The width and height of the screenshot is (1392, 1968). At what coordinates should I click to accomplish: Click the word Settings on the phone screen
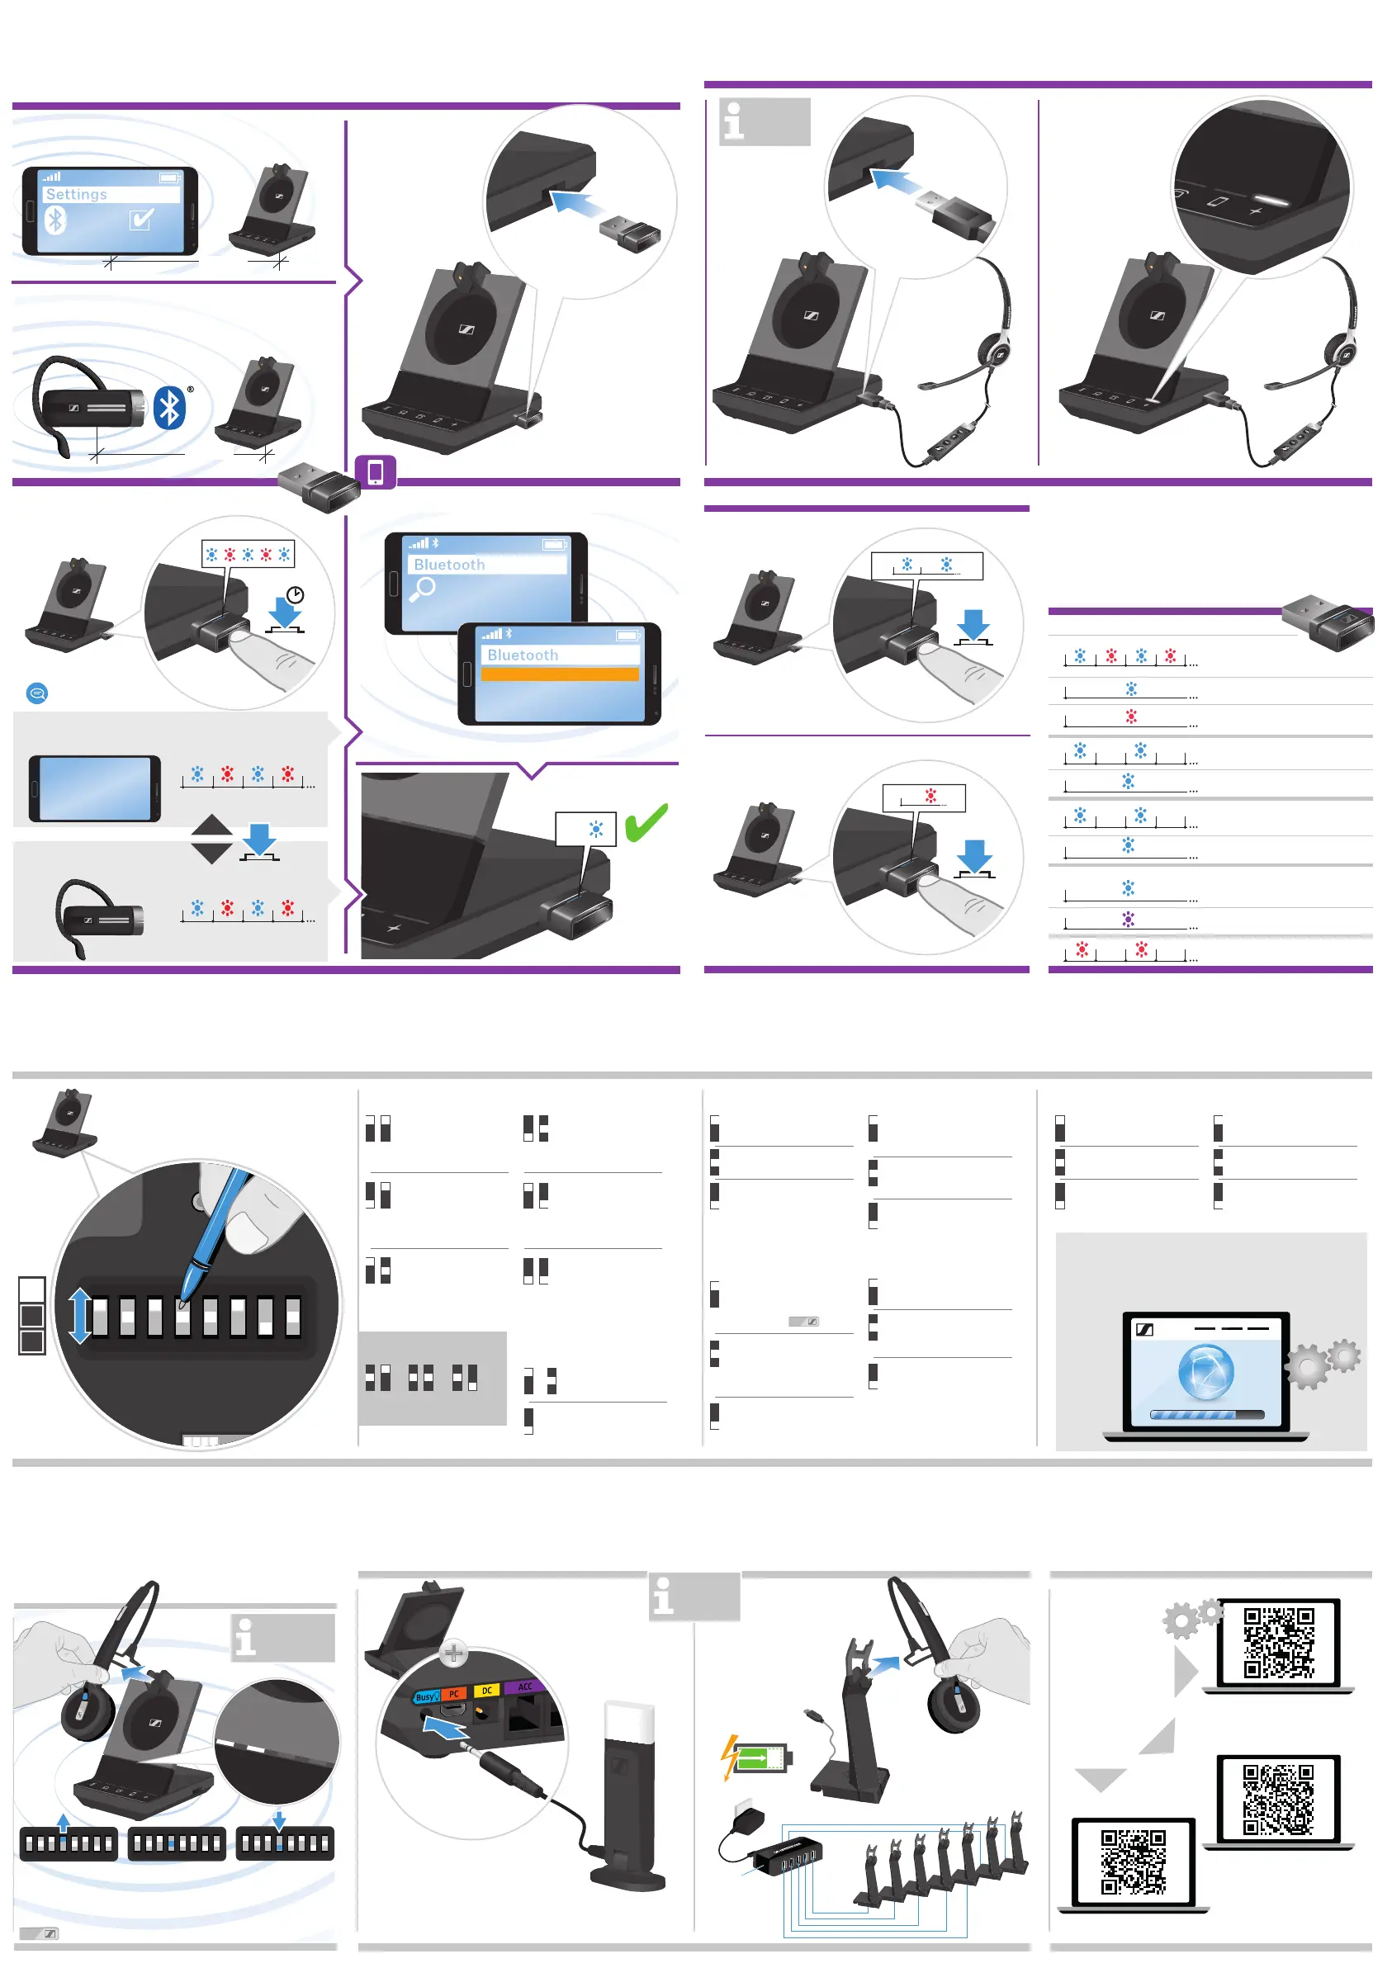coord(76,195)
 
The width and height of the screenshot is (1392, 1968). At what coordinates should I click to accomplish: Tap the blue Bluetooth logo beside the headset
coord(170,407)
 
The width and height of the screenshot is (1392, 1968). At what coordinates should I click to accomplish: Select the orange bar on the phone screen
coord(560,674)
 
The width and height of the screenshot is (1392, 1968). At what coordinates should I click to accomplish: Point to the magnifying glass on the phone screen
coord(424,589)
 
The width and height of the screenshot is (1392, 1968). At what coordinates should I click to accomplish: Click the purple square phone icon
coord(376,472)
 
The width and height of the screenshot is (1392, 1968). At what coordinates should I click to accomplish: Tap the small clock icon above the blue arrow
coord(295,595)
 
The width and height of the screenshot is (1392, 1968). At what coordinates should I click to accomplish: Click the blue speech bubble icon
coord(37,693)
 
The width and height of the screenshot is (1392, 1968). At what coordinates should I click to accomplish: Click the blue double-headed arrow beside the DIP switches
coord(80,1316)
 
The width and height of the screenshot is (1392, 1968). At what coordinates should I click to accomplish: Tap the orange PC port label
coord(454,1694)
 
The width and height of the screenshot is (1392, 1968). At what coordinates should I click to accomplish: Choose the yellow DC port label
coord(487,1691)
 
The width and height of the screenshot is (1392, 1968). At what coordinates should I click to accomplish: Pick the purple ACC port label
coord(524,1686)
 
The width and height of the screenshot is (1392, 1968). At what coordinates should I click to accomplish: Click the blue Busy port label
coord(426,1697)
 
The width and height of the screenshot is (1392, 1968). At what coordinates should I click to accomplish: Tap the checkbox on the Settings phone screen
coord(141,220)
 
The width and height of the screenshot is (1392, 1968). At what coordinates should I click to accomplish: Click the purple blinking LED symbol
coord(1129,919)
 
